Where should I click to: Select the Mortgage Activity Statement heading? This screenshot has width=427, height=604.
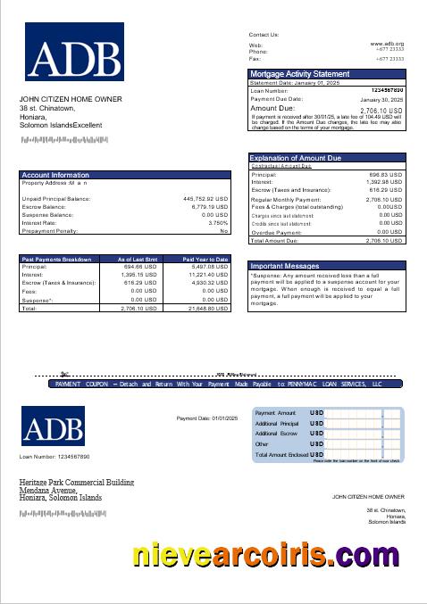click(x=300, y=73)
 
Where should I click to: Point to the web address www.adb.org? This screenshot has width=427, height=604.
click(x=387, y=44)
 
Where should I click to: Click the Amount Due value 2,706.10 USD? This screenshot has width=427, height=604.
click(x=384, y=109)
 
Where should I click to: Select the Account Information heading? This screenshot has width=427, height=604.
click(x=55, y=175)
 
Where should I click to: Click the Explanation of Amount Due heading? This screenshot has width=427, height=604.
click(x=296, y=158)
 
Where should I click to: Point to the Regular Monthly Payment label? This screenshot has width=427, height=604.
click(x=286, y=199)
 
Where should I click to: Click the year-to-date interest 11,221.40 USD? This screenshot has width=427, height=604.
click(x=209, y=274)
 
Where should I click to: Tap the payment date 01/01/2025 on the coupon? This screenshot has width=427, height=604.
click(x=204, y=418)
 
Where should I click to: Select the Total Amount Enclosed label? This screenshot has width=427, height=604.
click(x=280, y=454)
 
